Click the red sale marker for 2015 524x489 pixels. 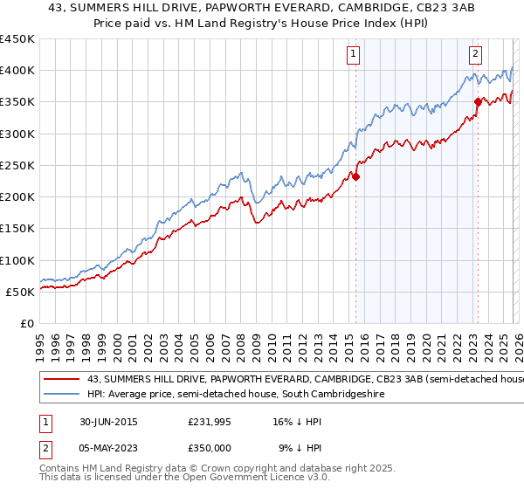coord(356,176)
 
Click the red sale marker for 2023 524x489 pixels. coord(478,102)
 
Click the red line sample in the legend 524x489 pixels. coord(61,379)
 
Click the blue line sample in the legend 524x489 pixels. coord(61,395)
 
